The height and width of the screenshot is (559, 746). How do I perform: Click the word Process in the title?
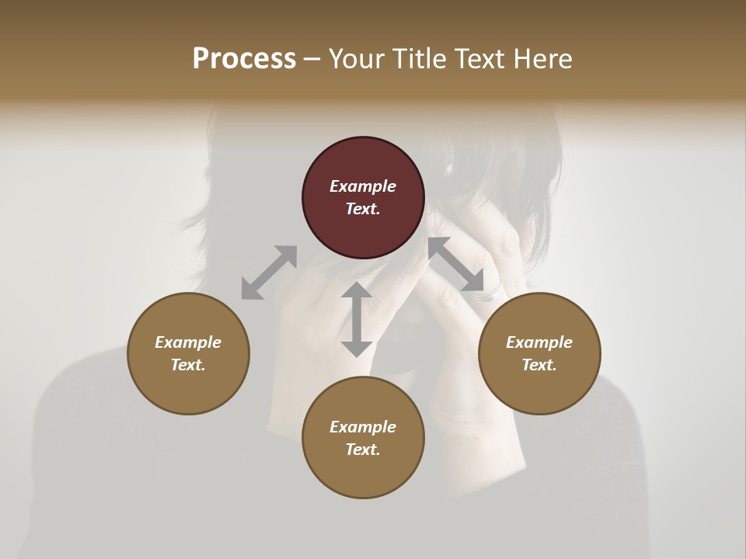tap(244, 59)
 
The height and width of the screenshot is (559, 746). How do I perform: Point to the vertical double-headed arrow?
tap(357, 319)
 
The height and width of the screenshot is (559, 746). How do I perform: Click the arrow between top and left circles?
tap(269, 273)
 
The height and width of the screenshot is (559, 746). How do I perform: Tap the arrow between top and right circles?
tap(456, 265)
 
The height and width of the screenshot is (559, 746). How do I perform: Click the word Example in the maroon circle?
tap(363, 186)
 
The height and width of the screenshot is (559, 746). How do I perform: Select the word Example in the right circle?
tap(539, 342)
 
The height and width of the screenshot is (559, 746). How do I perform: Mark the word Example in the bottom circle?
tap(363, 427)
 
